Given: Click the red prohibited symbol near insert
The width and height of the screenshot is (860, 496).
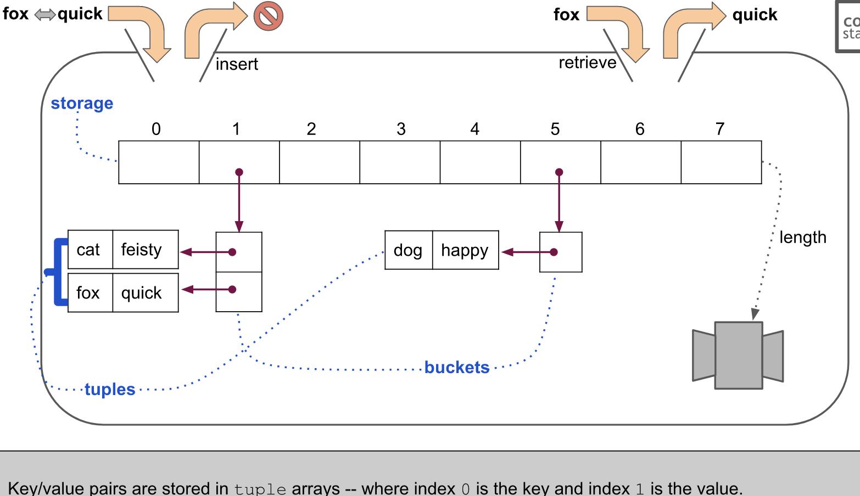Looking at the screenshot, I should click(x=268, y=16).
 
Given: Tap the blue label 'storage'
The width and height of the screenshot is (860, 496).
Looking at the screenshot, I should click(x=82, y=103).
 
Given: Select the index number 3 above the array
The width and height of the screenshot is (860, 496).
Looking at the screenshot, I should click(x=401, y=129).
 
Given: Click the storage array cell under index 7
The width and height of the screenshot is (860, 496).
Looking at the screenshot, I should click(x=721, y=162).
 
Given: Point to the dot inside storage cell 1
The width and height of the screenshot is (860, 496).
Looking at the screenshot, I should click(x=239, y=172).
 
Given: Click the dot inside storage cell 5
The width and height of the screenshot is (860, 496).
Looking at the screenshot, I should click(x=559, y=172).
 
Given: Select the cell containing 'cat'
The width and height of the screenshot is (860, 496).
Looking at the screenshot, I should click(x=90, y=250).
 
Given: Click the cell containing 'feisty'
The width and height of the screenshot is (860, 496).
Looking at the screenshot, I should click(x=145, y=250).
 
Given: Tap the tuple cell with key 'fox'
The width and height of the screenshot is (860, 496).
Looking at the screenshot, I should click(x=90, y=293).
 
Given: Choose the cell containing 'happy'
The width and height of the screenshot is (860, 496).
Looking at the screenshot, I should click(x=465, y=250).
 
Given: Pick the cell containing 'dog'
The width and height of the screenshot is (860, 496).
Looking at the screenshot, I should click(x=408, y=250).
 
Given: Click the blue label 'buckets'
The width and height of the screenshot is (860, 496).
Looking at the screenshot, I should click(x=457, y=367).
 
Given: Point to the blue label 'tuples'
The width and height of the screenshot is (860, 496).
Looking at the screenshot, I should click(x=110, y=389).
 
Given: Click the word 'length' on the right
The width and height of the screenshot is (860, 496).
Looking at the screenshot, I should click(x=802, y=238).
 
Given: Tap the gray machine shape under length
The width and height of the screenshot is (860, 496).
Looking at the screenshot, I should click(x=738, y=356).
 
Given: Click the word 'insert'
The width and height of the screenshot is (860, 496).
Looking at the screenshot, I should click(x=237, y=64).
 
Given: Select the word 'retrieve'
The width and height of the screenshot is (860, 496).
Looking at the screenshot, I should click(x=587, y=63).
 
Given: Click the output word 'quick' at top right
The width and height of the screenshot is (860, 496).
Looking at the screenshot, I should click(x=755, y=15).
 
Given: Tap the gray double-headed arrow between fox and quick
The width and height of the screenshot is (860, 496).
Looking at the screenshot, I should click(x=44, y=15).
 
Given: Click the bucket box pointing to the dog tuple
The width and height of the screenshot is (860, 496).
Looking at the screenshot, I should click(x=561, y=252).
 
